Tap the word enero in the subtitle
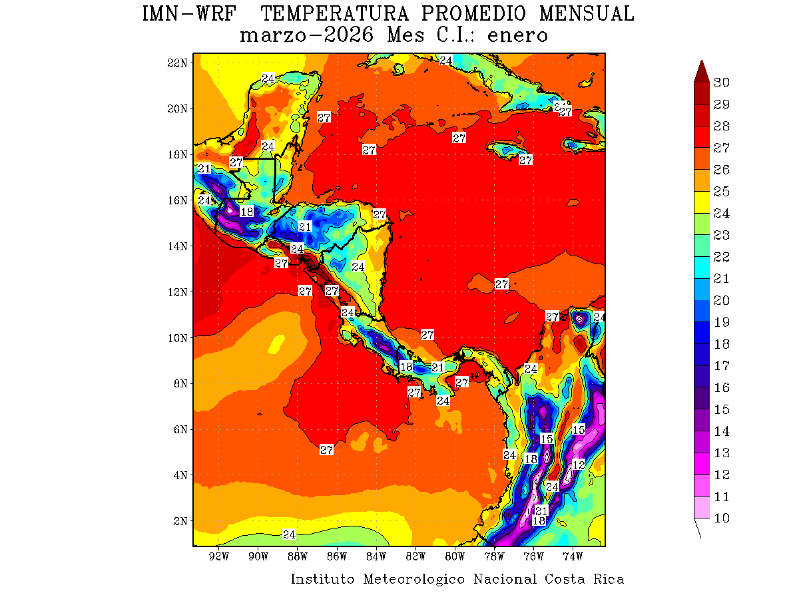click(x=517, y=35)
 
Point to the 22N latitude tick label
click(x=178, y=63)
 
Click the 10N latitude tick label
click(x=178, y=337)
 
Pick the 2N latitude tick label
click(x=180, y=520)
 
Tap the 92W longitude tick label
click(x=218, y=556)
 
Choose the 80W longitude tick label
click(x=455, y=556)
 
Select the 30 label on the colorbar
click(x=722, y=83)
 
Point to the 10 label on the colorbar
click(x=722, y=518)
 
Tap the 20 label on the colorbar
click(x=722, y=300)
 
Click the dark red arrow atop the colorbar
click(x=701, y=71)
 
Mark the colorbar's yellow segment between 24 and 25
click(x=701, y=202)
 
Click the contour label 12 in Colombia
click(x=579, y=465)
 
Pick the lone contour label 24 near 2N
click(x=289, y=534)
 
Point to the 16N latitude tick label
click(x=178, y=200)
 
